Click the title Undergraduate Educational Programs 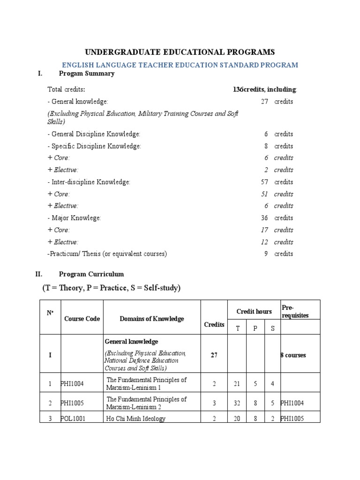[x=180, y=52]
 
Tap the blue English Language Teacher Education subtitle [x=180, y=65]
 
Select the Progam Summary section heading [x=87, y=74]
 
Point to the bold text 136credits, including [x=265, y=89]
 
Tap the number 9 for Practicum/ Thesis [x=266, y=254]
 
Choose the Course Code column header [x=82, y=319]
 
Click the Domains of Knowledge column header [x=152, y=319]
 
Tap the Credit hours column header [x=254, y=311]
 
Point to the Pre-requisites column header [x=295, y=311]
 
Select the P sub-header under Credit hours [x=255, y=328]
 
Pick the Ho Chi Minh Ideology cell [x=136, y=419]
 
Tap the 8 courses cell [x=293, y=355]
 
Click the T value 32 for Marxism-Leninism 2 [x=237, y=403]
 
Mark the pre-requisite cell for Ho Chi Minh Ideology [x=294, y=419]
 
